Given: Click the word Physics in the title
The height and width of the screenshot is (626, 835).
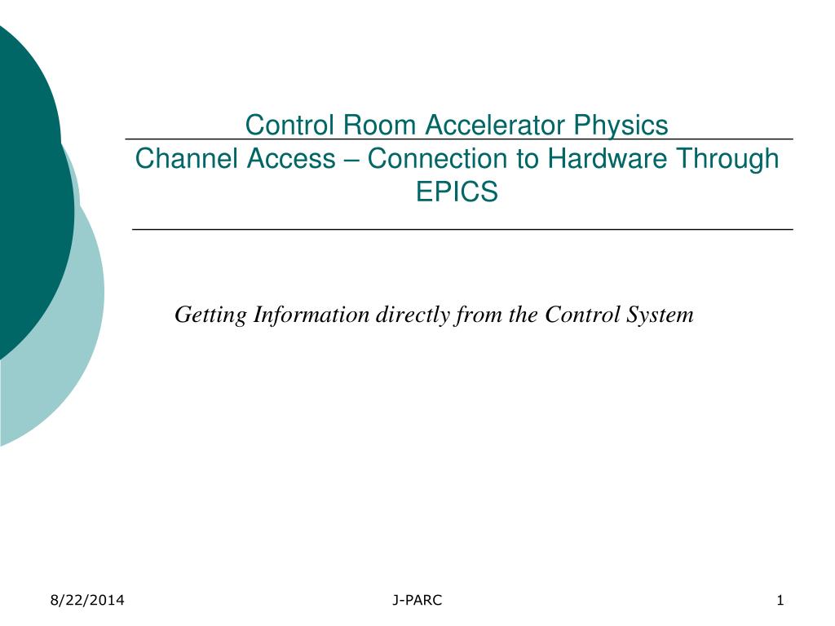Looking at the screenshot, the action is [621, 126].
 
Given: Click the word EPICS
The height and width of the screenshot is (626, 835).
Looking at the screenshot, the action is [457, 192].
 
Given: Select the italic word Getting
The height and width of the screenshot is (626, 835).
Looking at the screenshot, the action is [211, 315].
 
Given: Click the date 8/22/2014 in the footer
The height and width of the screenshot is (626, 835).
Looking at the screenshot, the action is [87, 601].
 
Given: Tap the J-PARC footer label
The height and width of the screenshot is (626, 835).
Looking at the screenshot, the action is [417, 601].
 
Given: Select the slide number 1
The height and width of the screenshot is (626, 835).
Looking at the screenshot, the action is [780, 601].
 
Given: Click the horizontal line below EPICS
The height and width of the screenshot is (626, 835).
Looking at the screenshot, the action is [462, 229].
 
